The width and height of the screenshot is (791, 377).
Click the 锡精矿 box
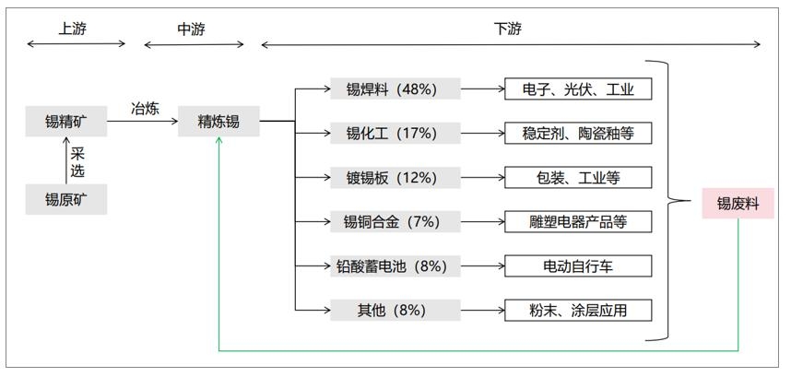[x=66, y=121]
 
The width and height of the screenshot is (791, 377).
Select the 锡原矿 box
[x=66, y=199]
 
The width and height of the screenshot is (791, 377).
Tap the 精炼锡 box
[x=218, y=121]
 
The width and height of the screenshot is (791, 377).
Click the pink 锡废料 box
[x=738, y=204]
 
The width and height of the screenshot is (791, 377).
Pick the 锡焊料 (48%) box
[x=395, y=88]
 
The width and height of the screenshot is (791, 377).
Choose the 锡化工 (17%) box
[x=395, y=134]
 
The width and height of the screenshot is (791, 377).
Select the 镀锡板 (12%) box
[x=395, y=178]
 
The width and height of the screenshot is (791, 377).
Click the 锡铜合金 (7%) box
[x=395, y=221]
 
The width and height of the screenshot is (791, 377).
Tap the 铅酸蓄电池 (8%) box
[x=395, y=266]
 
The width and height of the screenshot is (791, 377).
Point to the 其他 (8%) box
[x=395, y=310]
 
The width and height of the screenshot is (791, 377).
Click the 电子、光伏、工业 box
[x=578, y=88]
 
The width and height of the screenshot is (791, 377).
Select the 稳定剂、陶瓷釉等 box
[x=578, y=134]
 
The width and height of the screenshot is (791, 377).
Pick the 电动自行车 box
[x=578, y=266]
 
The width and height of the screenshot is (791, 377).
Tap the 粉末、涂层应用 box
[x=578, y=310]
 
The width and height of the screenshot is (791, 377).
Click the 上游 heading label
[x=73, y=29]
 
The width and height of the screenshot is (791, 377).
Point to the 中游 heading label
[x=191, y=29]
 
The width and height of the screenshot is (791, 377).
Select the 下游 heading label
[x=507, y=29]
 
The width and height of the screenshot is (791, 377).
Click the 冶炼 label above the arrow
[x=146, y=109]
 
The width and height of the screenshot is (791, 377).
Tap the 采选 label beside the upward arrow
[x=77, y=163]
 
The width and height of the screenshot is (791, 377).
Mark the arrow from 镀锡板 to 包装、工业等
[x=483, y=178]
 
